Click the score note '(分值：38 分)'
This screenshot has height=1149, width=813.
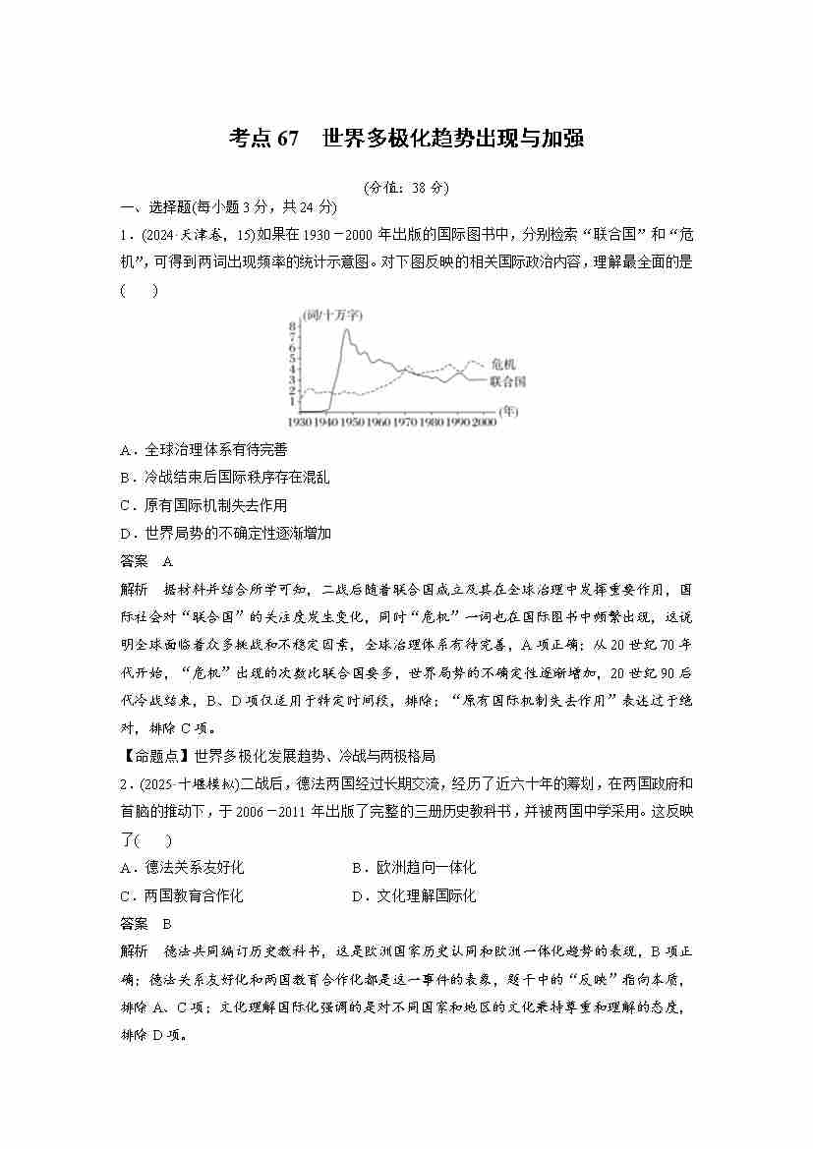click(405, 187)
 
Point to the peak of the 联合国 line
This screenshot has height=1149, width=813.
click(345, 329)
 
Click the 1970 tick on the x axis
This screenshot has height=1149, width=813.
click(404, 421)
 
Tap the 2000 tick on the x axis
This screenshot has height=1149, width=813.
click(483, 421)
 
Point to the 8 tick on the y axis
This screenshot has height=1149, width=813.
click(292, 325)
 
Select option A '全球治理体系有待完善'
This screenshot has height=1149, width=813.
click(203, 449)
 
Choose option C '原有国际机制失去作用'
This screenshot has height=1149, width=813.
click(203, 505)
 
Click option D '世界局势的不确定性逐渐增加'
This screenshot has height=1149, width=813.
click(224, 534)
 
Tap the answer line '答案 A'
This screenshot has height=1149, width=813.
click(145, 561)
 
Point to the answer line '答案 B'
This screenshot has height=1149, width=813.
click(145, 923)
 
